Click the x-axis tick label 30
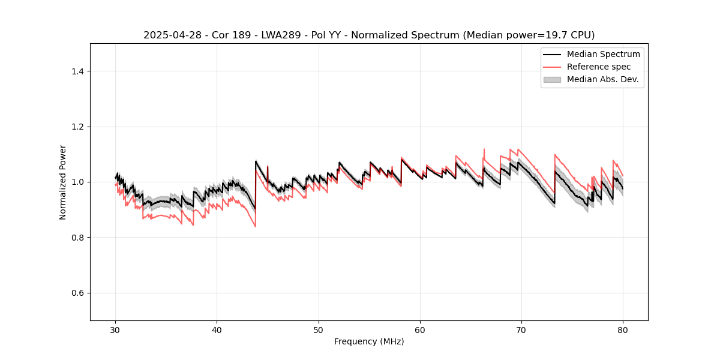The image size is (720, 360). point(116,330)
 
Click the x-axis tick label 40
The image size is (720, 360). point(217,330)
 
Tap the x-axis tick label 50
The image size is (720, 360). point(319,330)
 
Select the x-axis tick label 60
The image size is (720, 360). point(420,330)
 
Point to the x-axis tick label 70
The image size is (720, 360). point(521,330)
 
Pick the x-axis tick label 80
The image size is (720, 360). point(623,330)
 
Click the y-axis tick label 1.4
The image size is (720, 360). point(77,71)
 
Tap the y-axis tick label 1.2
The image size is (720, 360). point(77,127)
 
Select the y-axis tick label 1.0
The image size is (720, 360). point(77,182)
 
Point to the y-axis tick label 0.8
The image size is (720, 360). point(77,238)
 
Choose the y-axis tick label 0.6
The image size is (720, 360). point(77,293)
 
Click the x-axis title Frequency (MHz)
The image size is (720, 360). point(369,341)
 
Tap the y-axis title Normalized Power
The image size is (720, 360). point(63,182)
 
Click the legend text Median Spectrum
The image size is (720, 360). point(603,54)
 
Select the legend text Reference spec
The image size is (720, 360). point(599,67)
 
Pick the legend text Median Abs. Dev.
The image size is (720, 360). point(603,79)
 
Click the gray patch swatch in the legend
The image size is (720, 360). point(552,79)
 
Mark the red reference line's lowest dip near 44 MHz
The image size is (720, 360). point(255,226)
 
